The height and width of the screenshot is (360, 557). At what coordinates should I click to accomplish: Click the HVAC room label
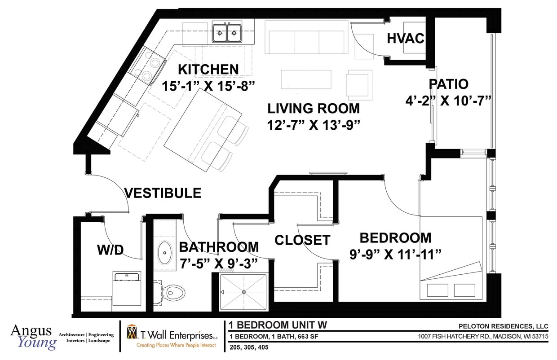click(x=405, y=39)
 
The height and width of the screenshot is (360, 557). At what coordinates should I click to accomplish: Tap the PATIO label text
click(x=448, y=84)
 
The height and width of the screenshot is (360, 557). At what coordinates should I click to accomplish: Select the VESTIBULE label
click(x=163, y=193)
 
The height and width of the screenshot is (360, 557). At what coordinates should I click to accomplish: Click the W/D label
click(x=110, y=250)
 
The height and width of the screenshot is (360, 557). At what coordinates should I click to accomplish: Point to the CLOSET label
click(x=302, y=240)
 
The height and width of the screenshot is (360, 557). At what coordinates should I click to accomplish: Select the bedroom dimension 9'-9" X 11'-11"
click(x=395, y=255)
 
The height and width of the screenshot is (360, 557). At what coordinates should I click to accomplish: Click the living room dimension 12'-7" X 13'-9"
click(x=314, y=125)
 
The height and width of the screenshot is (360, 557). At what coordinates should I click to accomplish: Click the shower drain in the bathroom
click(x=243, y=292)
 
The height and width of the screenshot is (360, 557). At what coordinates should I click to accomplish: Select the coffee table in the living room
click(x=306, y=79)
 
